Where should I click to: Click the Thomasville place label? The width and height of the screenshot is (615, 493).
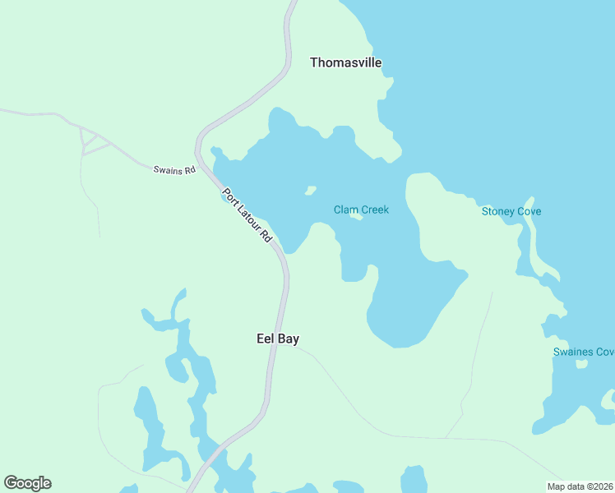345,62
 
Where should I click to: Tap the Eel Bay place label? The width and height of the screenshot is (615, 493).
277,339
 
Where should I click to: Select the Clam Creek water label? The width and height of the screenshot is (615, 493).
361,210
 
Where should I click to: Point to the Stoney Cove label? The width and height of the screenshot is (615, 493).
511,211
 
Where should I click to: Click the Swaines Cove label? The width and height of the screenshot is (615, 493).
583,352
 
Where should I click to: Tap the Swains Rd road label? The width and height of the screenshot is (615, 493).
174,170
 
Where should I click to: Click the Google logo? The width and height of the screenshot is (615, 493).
27,483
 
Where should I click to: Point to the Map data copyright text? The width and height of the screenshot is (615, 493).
580,486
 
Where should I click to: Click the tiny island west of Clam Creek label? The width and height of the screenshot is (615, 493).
311,191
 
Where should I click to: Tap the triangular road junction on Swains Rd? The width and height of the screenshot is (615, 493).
94,144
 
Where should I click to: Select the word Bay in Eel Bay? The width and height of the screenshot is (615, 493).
288,339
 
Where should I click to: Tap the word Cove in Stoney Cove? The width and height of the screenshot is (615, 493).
529,211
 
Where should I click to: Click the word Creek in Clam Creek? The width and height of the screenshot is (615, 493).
374,210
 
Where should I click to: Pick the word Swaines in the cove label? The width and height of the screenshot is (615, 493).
573,352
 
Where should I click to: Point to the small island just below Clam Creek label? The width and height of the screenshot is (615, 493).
356,218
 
